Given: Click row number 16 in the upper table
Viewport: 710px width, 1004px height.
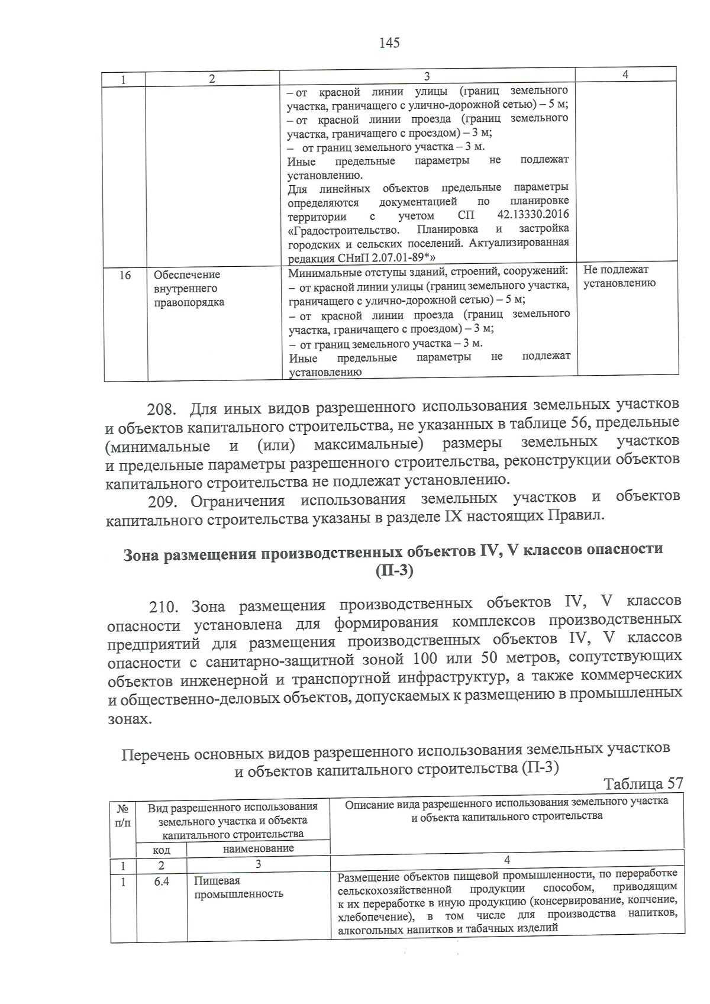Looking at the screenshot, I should (125, 275).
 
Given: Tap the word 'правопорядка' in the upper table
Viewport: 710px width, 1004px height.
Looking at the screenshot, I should (189, 302).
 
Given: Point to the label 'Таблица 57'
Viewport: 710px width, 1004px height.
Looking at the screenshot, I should (643, 783).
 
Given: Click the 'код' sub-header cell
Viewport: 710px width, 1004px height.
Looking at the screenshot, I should (162, 850).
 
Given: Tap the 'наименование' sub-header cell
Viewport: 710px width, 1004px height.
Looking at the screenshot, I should (258, 848).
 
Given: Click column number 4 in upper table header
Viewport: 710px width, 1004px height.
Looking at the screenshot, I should (625, 74).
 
